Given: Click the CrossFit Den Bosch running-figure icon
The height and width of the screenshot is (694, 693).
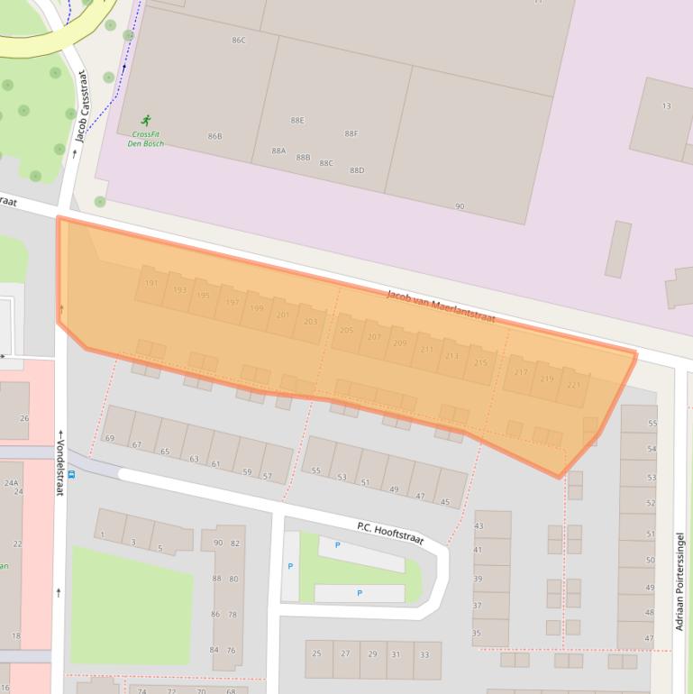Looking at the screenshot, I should pyautogui.click(x=146, y=120).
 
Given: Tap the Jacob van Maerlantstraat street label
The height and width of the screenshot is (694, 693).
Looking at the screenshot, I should pyautogui.click(x=441, y=306).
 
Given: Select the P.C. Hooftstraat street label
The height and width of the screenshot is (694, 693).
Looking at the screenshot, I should pyautogui.click(x=389, y=533).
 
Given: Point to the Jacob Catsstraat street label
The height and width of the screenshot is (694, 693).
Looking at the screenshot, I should pyautogui.click(x=82, y=106).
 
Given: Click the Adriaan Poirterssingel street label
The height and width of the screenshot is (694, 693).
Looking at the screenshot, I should pyautogui.click(x=680, y=581).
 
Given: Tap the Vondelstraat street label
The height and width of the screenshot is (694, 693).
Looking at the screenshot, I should pyautogui.click(x=60, y=462).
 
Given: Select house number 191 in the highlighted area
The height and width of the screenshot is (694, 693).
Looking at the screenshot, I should pyautogui.click(x=151, y=283).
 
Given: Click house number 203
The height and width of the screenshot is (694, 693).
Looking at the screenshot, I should pyautogui.click(x=311, y=322).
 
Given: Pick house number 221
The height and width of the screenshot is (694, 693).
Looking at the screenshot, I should pyautogui.click(x=573, y=385).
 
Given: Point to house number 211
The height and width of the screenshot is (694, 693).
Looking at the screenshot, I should pyautogui.click(x=426, y=350).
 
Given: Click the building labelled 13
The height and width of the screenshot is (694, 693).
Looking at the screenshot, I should pyautogui.click(x=666, y=106).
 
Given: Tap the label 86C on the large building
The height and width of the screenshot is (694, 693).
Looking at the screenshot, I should pyautogui.click(x=239, y=41).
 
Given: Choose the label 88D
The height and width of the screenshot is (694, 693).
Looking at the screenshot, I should pyautogui.click(x=357, y=170).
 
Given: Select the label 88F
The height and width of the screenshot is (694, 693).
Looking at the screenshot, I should pyautogui.click(x=351, y=133).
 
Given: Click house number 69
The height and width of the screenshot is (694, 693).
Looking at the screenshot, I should pyautogui.click(x=110, y=439).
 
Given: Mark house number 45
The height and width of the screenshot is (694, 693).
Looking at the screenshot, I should pyautogui.click(x=445, y=502).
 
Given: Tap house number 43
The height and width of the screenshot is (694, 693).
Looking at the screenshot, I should pyautogui.click(x=478, y=525).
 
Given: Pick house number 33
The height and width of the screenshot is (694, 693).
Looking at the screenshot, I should pyautogui.click(x=424, y=654).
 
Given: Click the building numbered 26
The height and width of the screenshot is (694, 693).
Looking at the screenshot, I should pyautogui.click(x=24, y=418).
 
